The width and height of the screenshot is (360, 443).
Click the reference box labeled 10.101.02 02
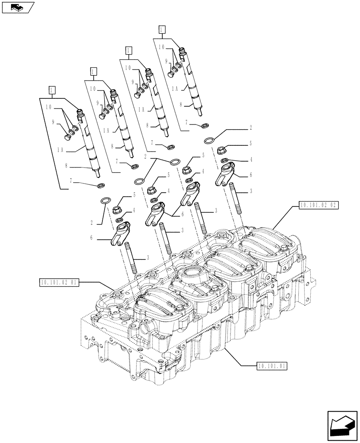pyautogui.click(x=319, y=205)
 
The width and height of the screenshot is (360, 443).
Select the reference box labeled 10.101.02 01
pyautogui.click(x=59, y=283)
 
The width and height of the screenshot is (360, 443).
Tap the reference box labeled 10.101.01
pyautogui.click(x=272, y=366)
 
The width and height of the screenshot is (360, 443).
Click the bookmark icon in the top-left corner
pyautogui.click(x=17, y=7)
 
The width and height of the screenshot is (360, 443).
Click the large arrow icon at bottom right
pyautogui.click(x=342, y=426)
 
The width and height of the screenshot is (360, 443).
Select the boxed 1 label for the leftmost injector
pyautogui.click(x=52, y=90)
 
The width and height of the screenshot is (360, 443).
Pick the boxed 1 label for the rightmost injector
pyautogui.click(x=162, y=30)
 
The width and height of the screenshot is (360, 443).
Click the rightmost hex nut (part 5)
pyautogui.click(x=223, y=150)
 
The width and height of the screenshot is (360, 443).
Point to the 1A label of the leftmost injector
pyautogui.click(x=62, y=150)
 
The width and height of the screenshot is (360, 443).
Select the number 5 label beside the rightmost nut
pyautogui.click(x=250, y=144)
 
